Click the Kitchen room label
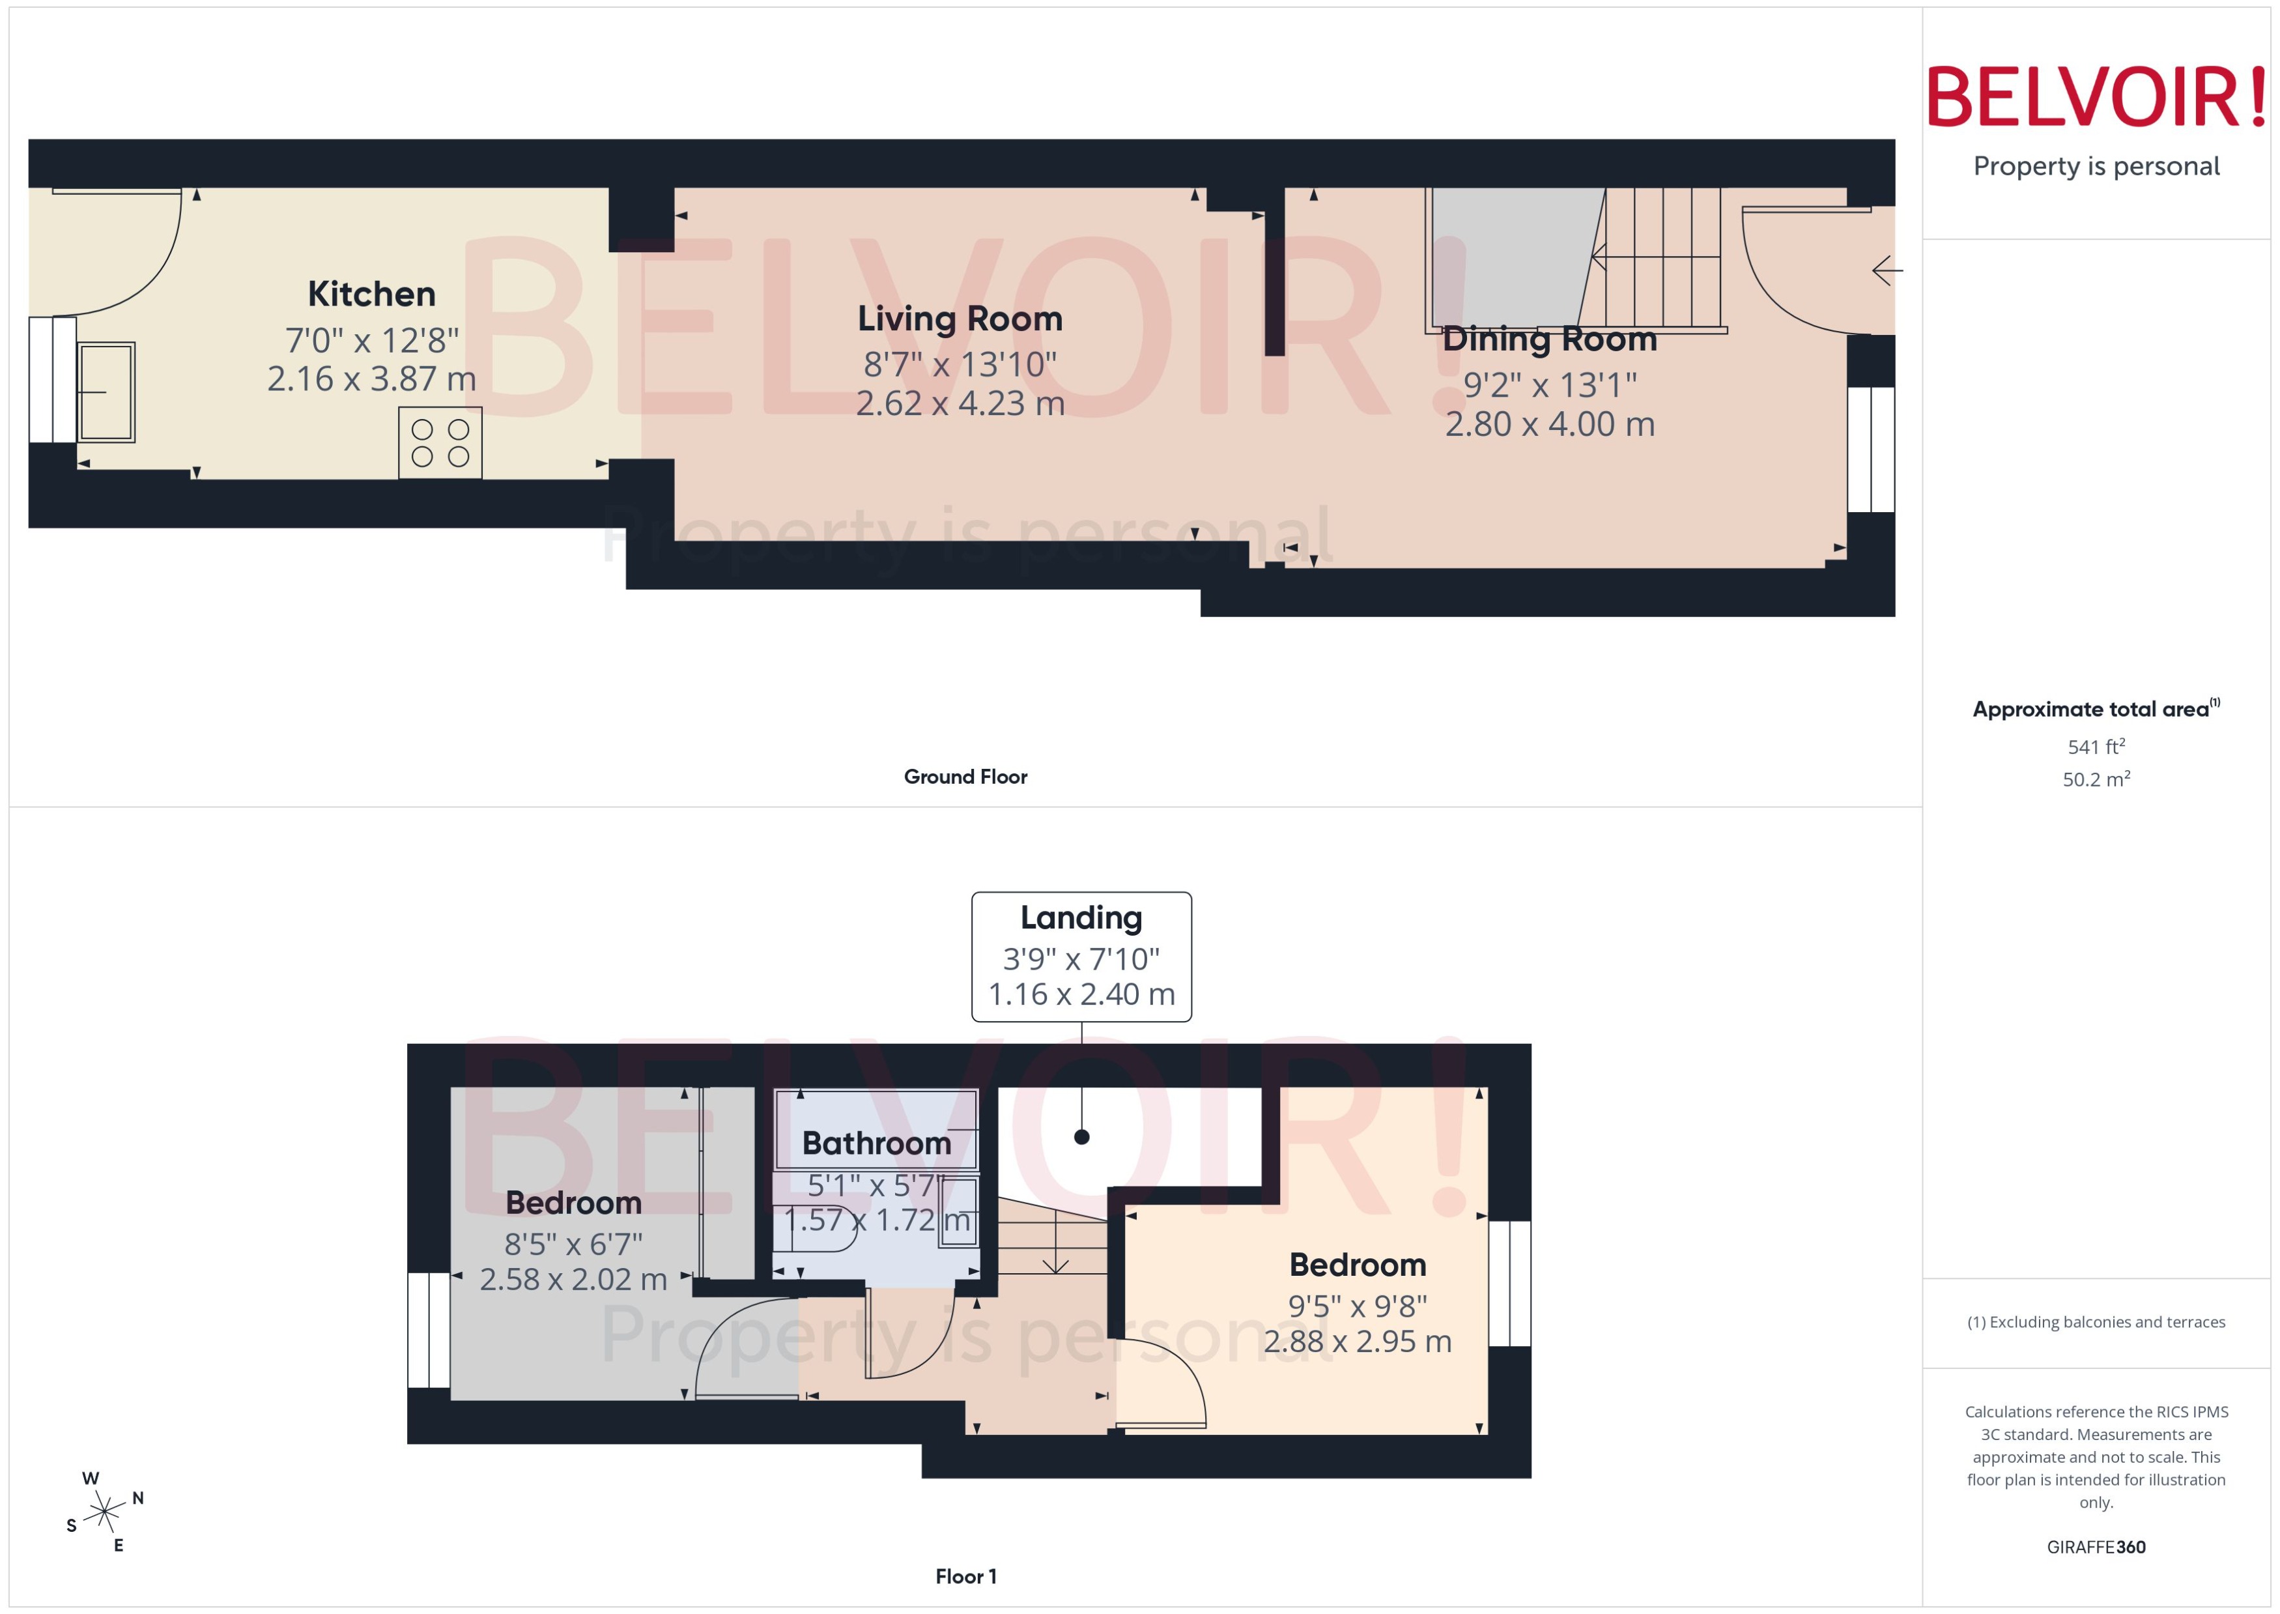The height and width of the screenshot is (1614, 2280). pyautogui.click(x=371, y=294)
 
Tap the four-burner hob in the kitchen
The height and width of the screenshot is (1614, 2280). pyautogui.click(x=440, y=443)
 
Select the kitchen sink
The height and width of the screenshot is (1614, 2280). pyautogui.click(x=106, y=392)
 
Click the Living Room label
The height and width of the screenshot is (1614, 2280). pyautogui.click(x=960, y=319)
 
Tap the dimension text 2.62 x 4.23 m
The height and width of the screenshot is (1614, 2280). pyautogui.click(x=960, y=403)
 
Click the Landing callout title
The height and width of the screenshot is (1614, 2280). pyautogui.click(x=1081, y=917)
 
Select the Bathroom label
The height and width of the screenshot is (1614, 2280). pyautogui.click(x=876, y=1144)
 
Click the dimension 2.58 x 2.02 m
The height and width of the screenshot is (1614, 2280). pyautogui.click(x=573, y=1279)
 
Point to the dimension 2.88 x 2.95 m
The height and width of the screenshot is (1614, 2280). pyautogui.click(x=1357, y=1342)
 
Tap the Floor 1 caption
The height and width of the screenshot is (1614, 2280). pyautogui.click(x=965, y=1576)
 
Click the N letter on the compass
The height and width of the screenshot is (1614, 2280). pyautogui.click(x=138, y=1498)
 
